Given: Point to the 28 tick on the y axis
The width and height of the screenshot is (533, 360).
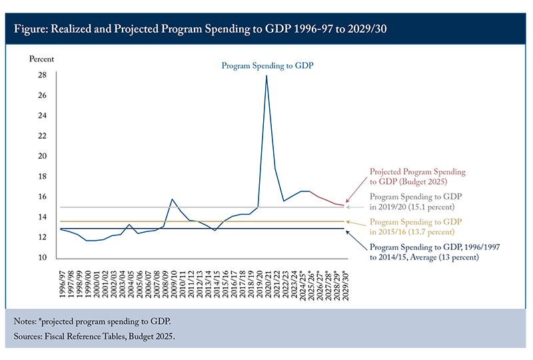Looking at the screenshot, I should (x=41, y=75).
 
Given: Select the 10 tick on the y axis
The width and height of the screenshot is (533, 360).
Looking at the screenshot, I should (x=41, y=258).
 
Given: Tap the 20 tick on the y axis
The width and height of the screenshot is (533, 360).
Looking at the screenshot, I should (x=41, y=156).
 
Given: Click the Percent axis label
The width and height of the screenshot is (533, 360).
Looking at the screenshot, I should (x=41, y=59).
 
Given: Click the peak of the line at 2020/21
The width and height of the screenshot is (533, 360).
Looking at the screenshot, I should (x=266, y=76).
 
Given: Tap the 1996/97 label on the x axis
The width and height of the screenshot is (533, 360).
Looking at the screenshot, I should (x=62, y=280).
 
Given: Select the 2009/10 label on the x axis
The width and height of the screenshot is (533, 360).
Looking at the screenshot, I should (x=173, y=280).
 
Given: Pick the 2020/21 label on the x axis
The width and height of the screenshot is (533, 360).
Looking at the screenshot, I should (x=266, y=280).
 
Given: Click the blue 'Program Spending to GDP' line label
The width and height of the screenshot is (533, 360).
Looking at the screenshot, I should (x=267, y=65).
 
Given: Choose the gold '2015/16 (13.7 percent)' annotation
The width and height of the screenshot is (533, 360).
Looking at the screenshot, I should (x=416, y=226).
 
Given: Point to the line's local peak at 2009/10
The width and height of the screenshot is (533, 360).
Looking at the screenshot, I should (x=173, y=199).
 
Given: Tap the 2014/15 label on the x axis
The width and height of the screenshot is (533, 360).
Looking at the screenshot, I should (x=215, y=280).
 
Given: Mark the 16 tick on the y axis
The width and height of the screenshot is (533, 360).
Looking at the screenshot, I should (x=41, y=197).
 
